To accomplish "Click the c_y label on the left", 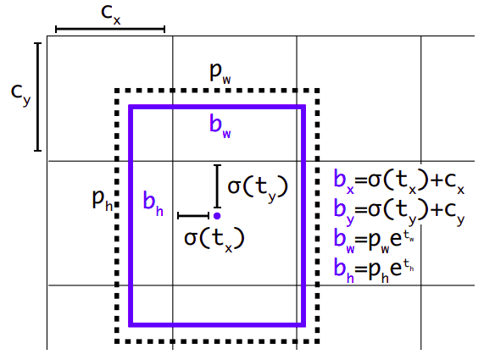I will tap(20, 96).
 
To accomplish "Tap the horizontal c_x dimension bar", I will tap(109, 29).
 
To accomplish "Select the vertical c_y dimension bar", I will tap(38, 97).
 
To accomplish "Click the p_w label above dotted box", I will tap(221, 72).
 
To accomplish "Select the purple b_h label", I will tap(153, 202).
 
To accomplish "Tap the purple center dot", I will tap(217, 216).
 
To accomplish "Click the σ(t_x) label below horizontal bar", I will tap(214, 236).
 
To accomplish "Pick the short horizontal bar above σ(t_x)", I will tap(193, 216).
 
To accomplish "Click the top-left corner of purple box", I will tap(131, 107).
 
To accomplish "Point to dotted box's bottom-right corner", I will tap(317, 341).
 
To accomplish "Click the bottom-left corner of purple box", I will tap(131, 324).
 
